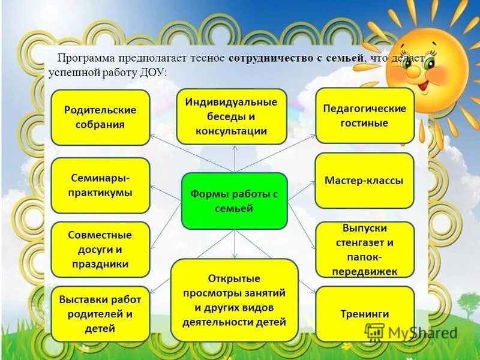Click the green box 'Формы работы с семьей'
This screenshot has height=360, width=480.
[x=234, y=201]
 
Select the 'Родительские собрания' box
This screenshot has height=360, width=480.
[x=100, y=118]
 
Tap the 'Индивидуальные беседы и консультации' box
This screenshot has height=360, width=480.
[x=231, y=116]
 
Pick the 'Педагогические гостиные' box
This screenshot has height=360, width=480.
[x=364, y=116]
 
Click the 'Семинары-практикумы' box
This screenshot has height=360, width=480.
[x=100, y=185]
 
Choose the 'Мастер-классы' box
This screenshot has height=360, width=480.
[x=364, y=181]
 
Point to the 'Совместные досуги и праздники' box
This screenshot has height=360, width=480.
[x=100, y=250]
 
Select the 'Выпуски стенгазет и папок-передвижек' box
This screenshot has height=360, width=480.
[x=364, y=250]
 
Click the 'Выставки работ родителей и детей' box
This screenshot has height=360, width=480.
[x=100, y=313]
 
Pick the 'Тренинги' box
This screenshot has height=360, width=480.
[x=364, y=313]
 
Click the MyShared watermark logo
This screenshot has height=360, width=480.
[x=411, y=332]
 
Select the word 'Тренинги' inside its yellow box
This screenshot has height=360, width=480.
[x=364, y=314]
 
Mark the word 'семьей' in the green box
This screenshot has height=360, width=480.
[x=234, y=208]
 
